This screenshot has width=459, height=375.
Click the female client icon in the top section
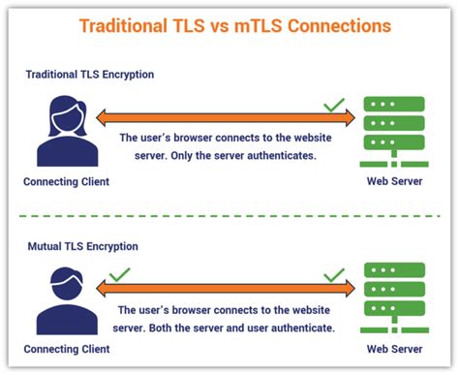[67, 132]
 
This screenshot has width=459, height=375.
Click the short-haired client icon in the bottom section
[66, 298]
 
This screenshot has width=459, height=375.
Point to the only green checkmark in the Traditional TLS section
[334, 105]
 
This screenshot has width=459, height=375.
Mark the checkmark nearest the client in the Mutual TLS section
[120, 276]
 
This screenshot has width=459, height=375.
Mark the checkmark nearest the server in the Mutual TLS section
[334, 276]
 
